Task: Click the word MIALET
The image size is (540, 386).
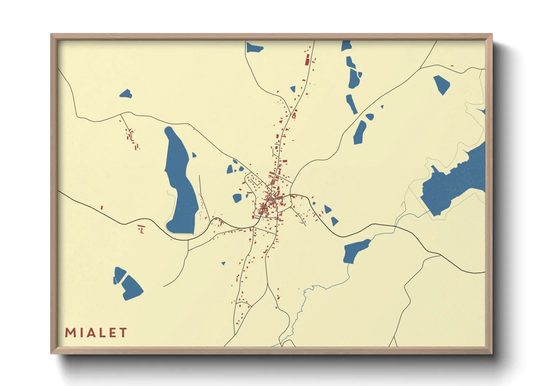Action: pyautogui.click(x=96, y=333)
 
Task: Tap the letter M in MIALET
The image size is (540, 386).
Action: pyautogui.click(x=70, y=333)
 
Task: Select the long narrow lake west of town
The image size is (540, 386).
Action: pyautogui.click(x=180, y=182)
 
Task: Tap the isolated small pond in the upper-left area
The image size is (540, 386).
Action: pyautogui.click(x=126, y=94)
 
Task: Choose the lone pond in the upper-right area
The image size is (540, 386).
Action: pyautogui.click(x=442, y=84)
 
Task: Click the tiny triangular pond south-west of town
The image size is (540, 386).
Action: pyautogui.click(x=223, y=263)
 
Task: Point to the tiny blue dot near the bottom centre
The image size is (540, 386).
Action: pyautogui.click(x=276, y=308)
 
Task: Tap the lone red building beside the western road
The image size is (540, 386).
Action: pyautogui.click(x=101, y=208)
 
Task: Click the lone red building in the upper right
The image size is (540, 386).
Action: pyautogui.click(x=452, y=66)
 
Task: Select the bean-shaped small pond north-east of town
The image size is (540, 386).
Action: pyautogui.click(x=370, y=117)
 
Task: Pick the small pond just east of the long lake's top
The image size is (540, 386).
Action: pyautogui.click(x=194, y=155)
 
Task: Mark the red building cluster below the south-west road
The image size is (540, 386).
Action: pyautogui.click(x=142, y=229)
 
